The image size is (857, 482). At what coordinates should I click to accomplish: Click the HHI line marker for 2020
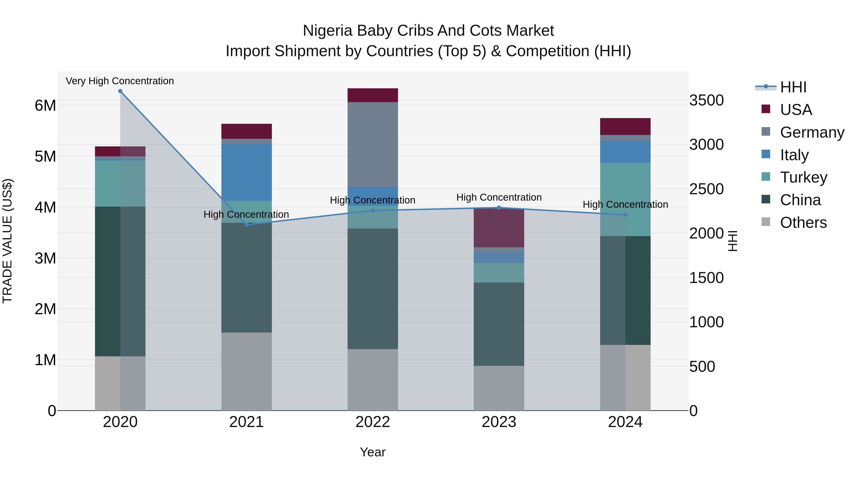(120, 91)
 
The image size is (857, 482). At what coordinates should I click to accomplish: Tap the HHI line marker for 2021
(247, 225)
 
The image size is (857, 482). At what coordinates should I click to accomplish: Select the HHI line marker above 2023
(499, 208)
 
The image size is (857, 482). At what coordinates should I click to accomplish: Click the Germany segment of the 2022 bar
(373, 144)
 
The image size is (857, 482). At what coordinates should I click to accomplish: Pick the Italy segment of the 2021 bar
(247, 172)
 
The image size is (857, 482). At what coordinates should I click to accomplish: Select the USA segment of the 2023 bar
(499, 228)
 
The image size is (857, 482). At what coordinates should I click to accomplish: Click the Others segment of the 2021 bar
(247, 371)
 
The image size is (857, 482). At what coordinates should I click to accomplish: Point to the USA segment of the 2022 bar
(373, 95)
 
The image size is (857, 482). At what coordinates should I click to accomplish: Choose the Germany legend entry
(812, 132)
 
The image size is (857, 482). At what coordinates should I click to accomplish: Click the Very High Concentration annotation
(120, 81)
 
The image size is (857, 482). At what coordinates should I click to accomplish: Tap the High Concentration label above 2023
(499, 198)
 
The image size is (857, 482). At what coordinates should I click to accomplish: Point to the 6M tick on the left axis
(45, 106)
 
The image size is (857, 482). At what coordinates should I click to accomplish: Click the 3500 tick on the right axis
(706, 100)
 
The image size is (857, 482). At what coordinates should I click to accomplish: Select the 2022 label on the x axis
(373, 422)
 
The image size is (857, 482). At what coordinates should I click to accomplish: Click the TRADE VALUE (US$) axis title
(7, 241)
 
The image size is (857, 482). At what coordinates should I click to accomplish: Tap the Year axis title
(373, 452)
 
